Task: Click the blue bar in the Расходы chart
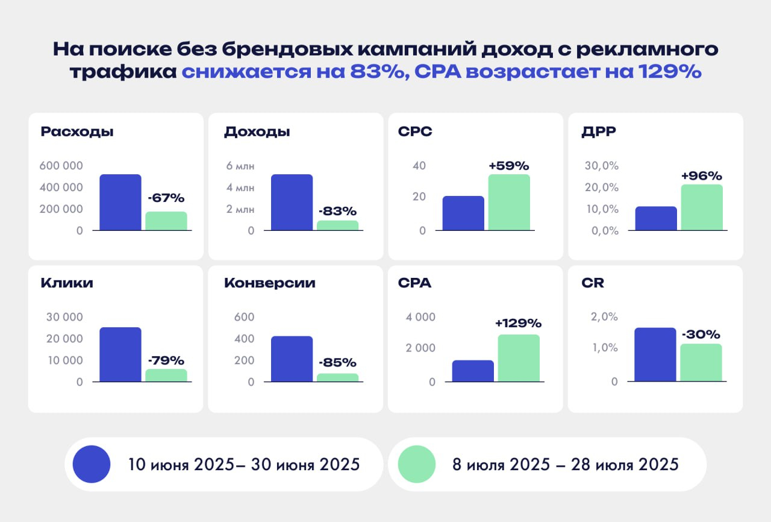coord(120,203)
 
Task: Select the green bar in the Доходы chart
coord(338,225)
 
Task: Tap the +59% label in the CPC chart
coord(509,165)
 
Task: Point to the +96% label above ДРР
coord(702,176)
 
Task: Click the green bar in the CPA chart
coord(519,358)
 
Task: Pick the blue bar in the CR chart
coord(655,354)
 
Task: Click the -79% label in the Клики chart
coord(166,360)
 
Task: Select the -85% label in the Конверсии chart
coord(337,363)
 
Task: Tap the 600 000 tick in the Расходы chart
coord(61,166)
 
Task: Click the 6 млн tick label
coord(240,166)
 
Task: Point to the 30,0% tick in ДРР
coord(602,166)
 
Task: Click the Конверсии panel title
coord(270,283)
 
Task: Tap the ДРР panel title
coord(599,131)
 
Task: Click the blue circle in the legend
coord(92,464)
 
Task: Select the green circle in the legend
coord(416,464)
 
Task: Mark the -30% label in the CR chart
coord(701,335)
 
